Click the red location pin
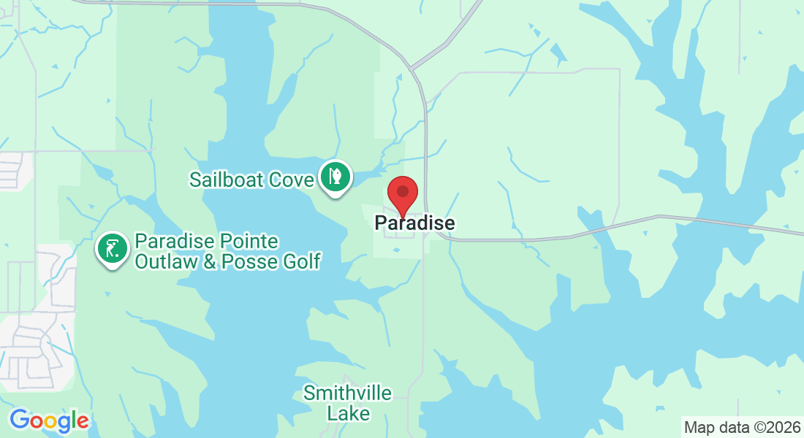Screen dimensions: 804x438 click(x=402, y=194)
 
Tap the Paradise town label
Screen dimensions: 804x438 click(x=414, y=223)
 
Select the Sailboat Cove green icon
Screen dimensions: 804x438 click(x=335, y=178)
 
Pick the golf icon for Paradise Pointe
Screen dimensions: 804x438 click(x=113, y=250)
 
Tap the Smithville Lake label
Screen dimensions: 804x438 click(x=348, y=403)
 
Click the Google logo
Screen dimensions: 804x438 click(x=49, y=420)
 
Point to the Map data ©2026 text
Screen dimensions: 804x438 click(x=741, y=426)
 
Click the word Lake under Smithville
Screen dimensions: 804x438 click(x=348, y=413)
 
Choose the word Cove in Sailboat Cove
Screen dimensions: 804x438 click(x=292, y=180)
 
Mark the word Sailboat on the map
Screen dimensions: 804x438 click(x=226, y=180)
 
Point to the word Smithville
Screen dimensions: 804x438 click(x=348, y=393)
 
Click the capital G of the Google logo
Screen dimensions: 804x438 click(x=20, y=420)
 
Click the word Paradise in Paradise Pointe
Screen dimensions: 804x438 click(x=169, y=242)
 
